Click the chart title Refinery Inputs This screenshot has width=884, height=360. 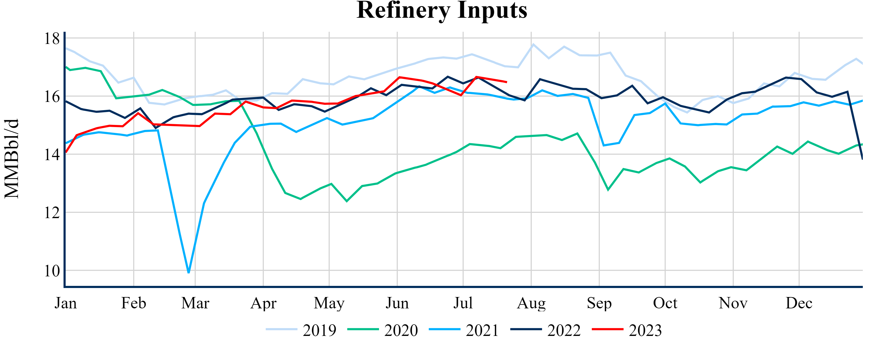442,10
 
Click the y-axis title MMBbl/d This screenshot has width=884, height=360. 12,159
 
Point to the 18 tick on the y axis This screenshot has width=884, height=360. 52,38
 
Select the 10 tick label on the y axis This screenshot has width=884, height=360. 52,271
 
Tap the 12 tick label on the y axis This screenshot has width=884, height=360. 52,213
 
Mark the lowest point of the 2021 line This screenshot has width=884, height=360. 189,272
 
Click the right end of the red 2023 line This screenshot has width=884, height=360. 507,82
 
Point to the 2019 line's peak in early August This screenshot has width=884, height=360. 533,44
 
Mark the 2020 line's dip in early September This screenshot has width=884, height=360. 608,190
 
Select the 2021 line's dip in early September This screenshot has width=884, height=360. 604,146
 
